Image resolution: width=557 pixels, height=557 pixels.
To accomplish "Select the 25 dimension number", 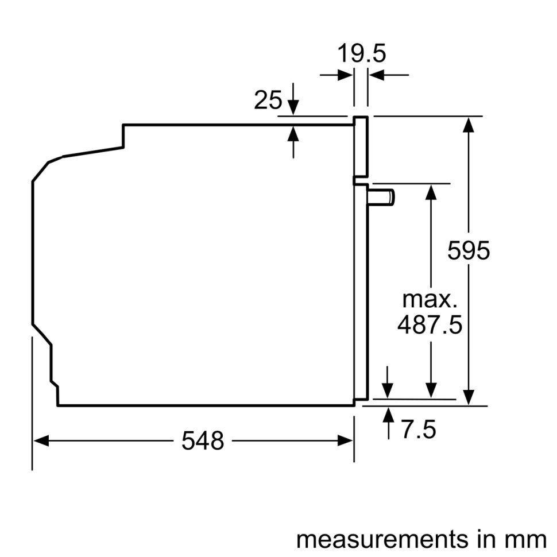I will pos(268,100).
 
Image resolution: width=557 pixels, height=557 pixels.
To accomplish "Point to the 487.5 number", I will pos(430,326).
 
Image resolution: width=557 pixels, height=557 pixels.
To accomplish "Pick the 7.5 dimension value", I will pos(418,430).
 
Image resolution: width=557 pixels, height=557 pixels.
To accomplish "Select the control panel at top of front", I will pos(361,146).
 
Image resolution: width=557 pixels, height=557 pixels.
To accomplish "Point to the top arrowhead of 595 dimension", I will pos(469,124).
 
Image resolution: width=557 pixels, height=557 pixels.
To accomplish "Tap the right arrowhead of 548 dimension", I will pos(346,440).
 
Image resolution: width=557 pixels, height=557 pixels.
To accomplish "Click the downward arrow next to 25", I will pos(293,106).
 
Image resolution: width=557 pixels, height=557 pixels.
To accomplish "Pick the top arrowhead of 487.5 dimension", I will pos(430,191).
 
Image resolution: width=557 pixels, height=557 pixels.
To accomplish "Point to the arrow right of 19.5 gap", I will pos(376,75).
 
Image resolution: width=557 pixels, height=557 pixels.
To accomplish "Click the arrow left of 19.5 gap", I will pos(345,75).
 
